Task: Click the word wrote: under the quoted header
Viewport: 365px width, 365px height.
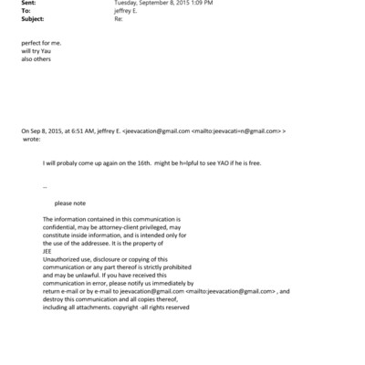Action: coord(30,140)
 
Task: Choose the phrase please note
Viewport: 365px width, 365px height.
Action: coord(70,203)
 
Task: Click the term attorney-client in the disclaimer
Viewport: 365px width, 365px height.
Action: coord(109,228)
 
